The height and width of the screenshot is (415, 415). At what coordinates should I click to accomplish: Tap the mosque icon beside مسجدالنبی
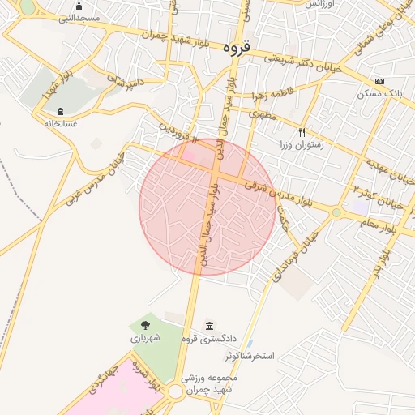coord(79,6)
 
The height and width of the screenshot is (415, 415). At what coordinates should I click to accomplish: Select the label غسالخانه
coord(62,124)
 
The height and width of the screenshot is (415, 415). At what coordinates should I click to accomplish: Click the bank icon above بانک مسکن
coord(380,82)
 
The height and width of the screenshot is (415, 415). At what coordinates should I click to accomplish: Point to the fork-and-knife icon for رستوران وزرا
coord(302,131)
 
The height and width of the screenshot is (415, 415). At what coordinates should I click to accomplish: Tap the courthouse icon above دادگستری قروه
coord(209,326)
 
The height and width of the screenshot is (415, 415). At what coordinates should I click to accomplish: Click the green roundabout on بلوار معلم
coord(336,213)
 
